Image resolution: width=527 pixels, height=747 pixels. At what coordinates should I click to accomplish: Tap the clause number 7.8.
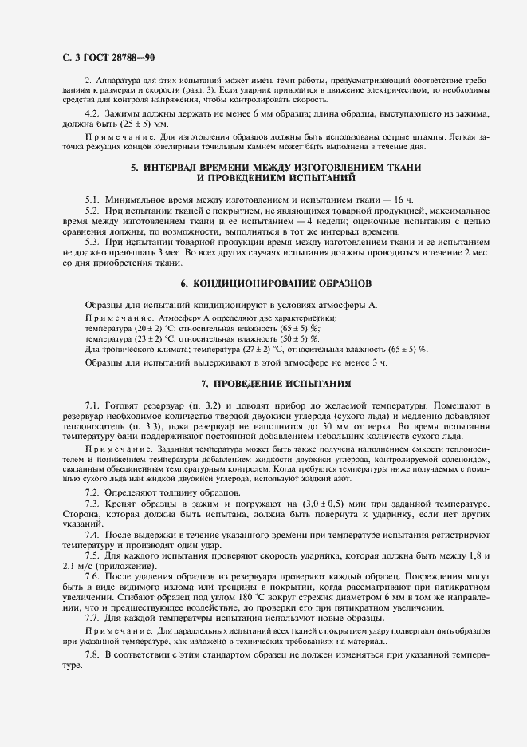pyautogui.click(x=92, y=654)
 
